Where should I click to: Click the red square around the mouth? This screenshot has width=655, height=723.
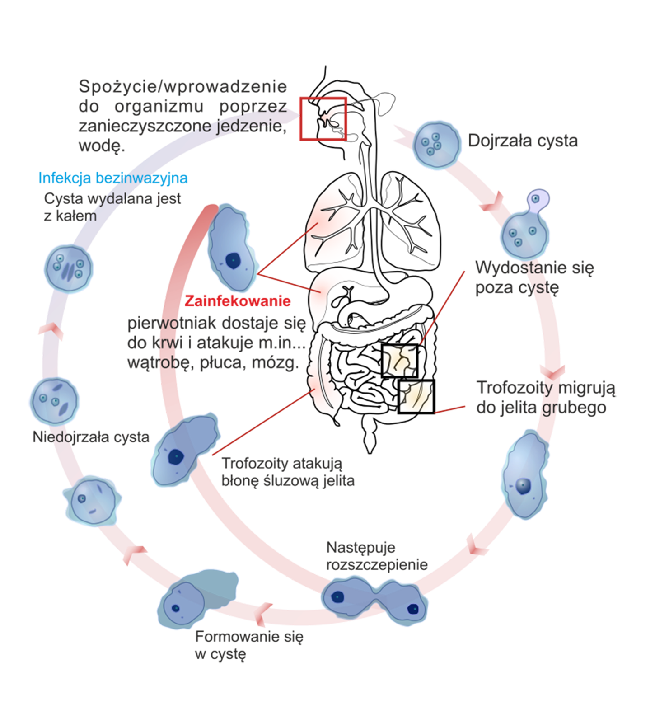click(x=323, y=118)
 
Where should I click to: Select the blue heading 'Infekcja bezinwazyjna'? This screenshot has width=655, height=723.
click(x=113, y=178)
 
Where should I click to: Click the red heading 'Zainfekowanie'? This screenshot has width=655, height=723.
click(x=238, y=301)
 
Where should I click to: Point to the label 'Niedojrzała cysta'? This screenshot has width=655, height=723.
click(x=91, y=437)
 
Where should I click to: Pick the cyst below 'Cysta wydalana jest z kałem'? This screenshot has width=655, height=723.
click(x=69, y=268)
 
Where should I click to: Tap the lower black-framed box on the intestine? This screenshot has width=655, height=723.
click(x=416, y=396)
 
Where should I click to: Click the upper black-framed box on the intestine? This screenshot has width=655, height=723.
click(x=400, y=360)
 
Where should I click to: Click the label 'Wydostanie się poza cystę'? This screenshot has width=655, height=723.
click(x=534, y=277)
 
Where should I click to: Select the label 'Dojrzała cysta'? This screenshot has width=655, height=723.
click(x=522, y=141)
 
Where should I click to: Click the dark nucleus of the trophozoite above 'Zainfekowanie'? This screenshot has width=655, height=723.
click(x=233, y=260)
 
